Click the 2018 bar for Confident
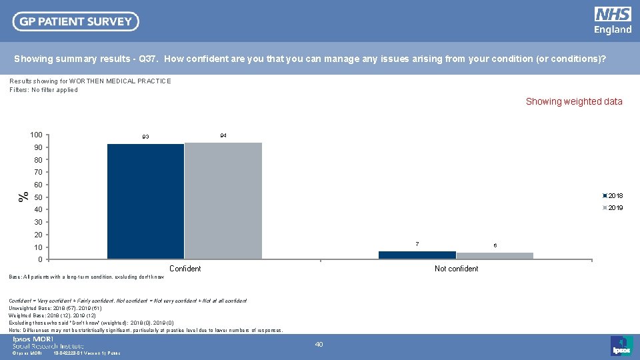click(x=145, y=201)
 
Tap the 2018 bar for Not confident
click(x=417, y=255)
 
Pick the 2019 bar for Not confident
click(x=495, y=255)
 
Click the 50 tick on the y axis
click(x=39, y=197)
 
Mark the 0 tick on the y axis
click(x=39, y=259)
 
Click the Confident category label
click(x=185, y=269)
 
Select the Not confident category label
click(x=456, y=269)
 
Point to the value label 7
click(x=417, y=244)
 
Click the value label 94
click(x=223, y=135)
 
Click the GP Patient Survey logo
click(x=76, y=21)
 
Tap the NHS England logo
click(x=613, y=21)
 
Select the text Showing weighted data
click(x=574, y=102)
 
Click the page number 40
click(x=319, y=344)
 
